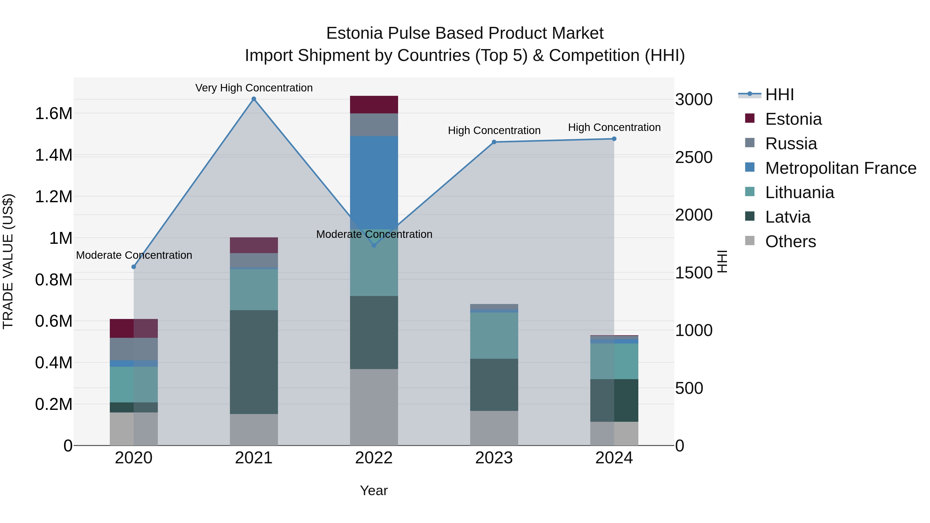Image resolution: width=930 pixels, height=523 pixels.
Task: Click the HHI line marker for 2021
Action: [254, 99]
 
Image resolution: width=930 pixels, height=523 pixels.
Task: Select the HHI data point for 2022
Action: [374, 245]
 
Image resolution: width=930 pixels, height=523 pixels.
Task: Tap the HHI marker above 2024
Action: [614, 139]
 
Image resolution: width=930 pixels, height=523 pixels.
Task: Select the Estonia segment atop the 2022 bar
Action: [374, 105]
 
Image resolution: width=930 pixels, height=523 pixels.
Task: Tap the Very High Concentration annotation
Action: [254, 88]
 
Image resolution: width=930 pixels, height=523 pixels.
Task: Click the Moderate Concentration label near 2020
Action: [134, 255]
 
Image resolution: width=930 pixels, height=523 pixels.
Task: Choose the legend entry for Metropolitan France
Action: [840, 168]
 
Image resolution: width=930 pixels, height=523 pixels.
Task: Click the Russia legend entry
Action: [791, 144]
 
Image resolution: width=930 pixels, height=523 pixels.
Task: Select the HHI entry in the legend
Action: [779, 95]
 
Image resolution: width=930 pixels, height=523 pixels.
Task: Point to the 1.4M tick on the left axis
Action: [53, 155]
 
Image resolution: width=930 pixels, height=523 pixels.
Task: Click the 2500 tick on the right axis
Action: [694, 157]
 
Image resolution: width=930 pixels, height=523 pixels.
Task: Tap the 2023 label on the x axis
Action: [494, 458]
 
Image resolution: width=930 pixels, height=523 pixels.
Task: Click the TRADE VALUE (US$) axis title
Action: [8, 261]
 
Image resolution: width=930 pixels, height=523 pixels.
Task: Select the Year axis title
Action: [374, 490]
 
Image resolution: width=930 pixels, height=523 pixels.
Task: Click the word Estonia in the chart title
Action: [354, 33]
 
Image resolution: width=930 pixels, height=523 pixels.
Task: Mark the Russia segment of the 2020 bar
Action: [134, 349]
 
